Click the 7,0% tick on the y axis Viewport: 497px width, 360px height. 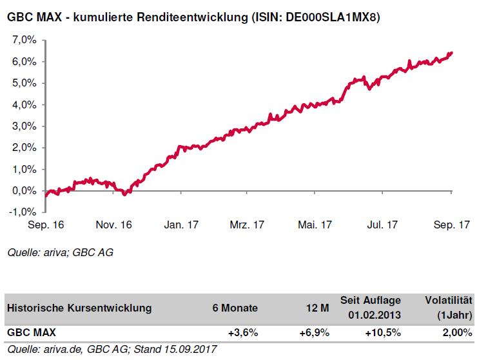(24, 40)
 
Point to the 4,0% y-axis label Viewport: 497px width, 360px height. (24, 105)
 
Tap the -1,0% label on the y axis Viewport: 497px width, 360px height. (23, 212)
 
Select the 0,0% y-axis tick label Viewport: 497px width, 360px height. (24, 191)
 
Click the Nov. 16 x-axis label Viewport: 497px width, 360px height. (114, 225)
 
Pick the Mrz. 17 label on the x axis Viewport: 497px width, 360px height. (247, 225)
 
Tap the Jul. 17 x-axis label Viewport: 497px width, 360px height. (383, 225)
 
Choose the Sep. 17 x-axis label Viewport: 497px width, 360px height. (451, 225)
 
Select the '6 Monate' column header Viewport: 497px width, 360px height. (236, 308)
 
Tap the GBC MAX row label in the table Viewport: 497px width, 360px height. (32, 333)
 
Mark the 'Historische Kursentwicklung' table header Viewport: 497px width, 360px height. (80, 308)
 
